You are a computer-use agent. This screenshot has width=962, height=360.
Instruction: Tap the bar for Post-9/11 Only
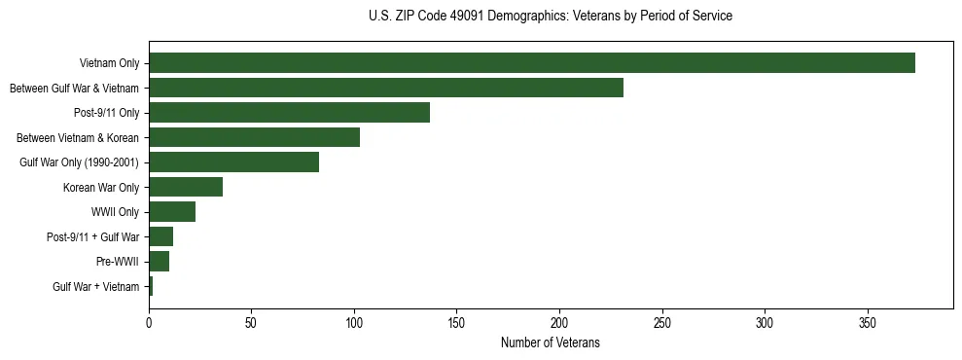pos(289,113)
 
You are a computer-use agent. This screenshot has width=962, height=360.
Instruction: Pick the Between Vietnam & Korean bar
pos(254,137)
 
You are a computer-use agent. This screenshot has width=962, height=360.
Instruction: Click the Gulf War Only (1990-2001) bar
pos(233,162)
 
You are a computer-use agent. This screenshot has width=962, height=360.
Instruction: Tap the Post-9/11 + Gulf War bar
pos(160,236)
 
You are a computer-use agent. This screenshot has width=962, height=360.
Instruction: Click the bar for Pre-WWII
pos(159,262)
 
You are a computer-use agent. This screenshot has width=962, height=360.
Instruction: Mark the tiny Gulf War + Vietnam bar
pos(151,286)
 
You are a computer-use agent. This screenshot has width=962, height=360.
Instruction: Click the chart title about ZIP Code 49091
pos(551,17)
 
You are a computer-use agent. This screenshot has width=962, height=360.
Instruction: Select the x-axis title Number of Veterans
pos(551,343)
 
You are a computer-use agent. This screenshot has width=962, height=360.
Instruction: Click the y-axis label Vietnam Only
pos(109,64)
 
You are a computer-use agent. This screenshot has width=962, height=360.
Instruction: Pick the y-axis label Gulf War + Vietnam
pos(95,287)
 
